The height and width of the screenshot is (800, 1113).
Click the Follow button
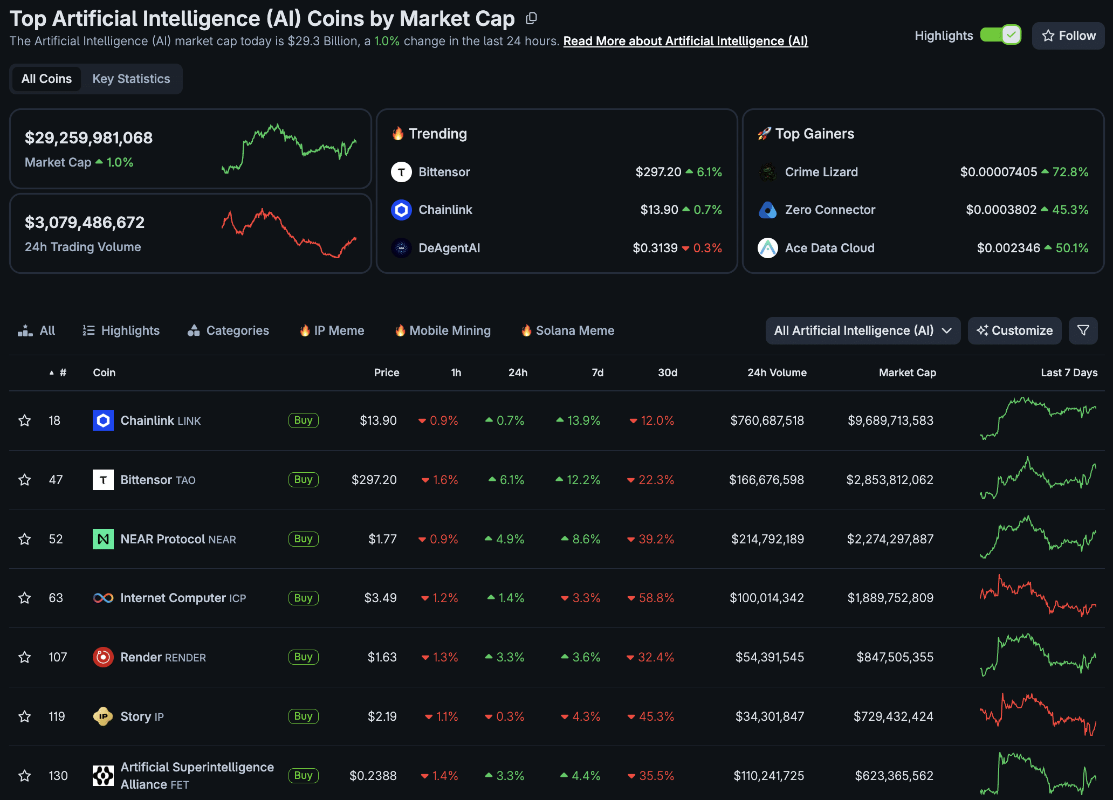tap(1068, 36)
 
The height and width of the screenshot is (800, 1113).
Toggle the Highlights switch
tap(1000, 36)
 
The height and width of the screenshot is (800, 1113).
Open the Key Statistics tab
tap(131, 79)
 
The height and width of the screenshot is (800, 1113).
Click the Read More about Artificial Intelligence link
tap(685, 42)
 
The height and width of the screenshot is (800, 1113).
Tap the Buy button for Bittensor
tap(303, 479)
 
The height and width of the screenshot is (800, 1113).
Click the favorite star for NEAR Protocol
tap(25, 539)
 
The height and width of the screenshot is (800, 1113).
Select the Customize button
tap(1014, 330)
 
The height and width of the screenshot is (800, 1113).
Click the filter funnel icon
tap(1083, 330)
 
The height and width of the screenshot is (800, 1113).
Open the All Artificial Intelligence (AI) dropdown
tap(862, 330)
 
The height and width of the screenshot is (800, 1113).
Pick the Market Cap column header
tap(907, 373)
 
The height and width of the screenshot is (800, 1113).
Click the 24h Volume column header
tap(777, 373)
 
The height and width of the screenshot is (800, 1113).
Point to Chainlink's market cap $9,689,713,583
tap(890, 420)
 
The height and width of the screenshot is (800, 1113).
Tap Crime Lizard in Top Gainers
tap(821, 172)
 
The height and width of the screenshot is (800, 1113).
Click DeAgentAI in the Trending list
tap(449, 248)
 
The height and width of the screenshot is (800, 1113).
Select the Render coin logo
tap(103, 657)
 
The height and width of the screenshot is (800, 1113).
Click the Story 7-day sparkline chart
tap(1038, 716)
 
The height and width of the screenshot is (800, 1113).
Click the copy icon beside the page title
tap(531, 19)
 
